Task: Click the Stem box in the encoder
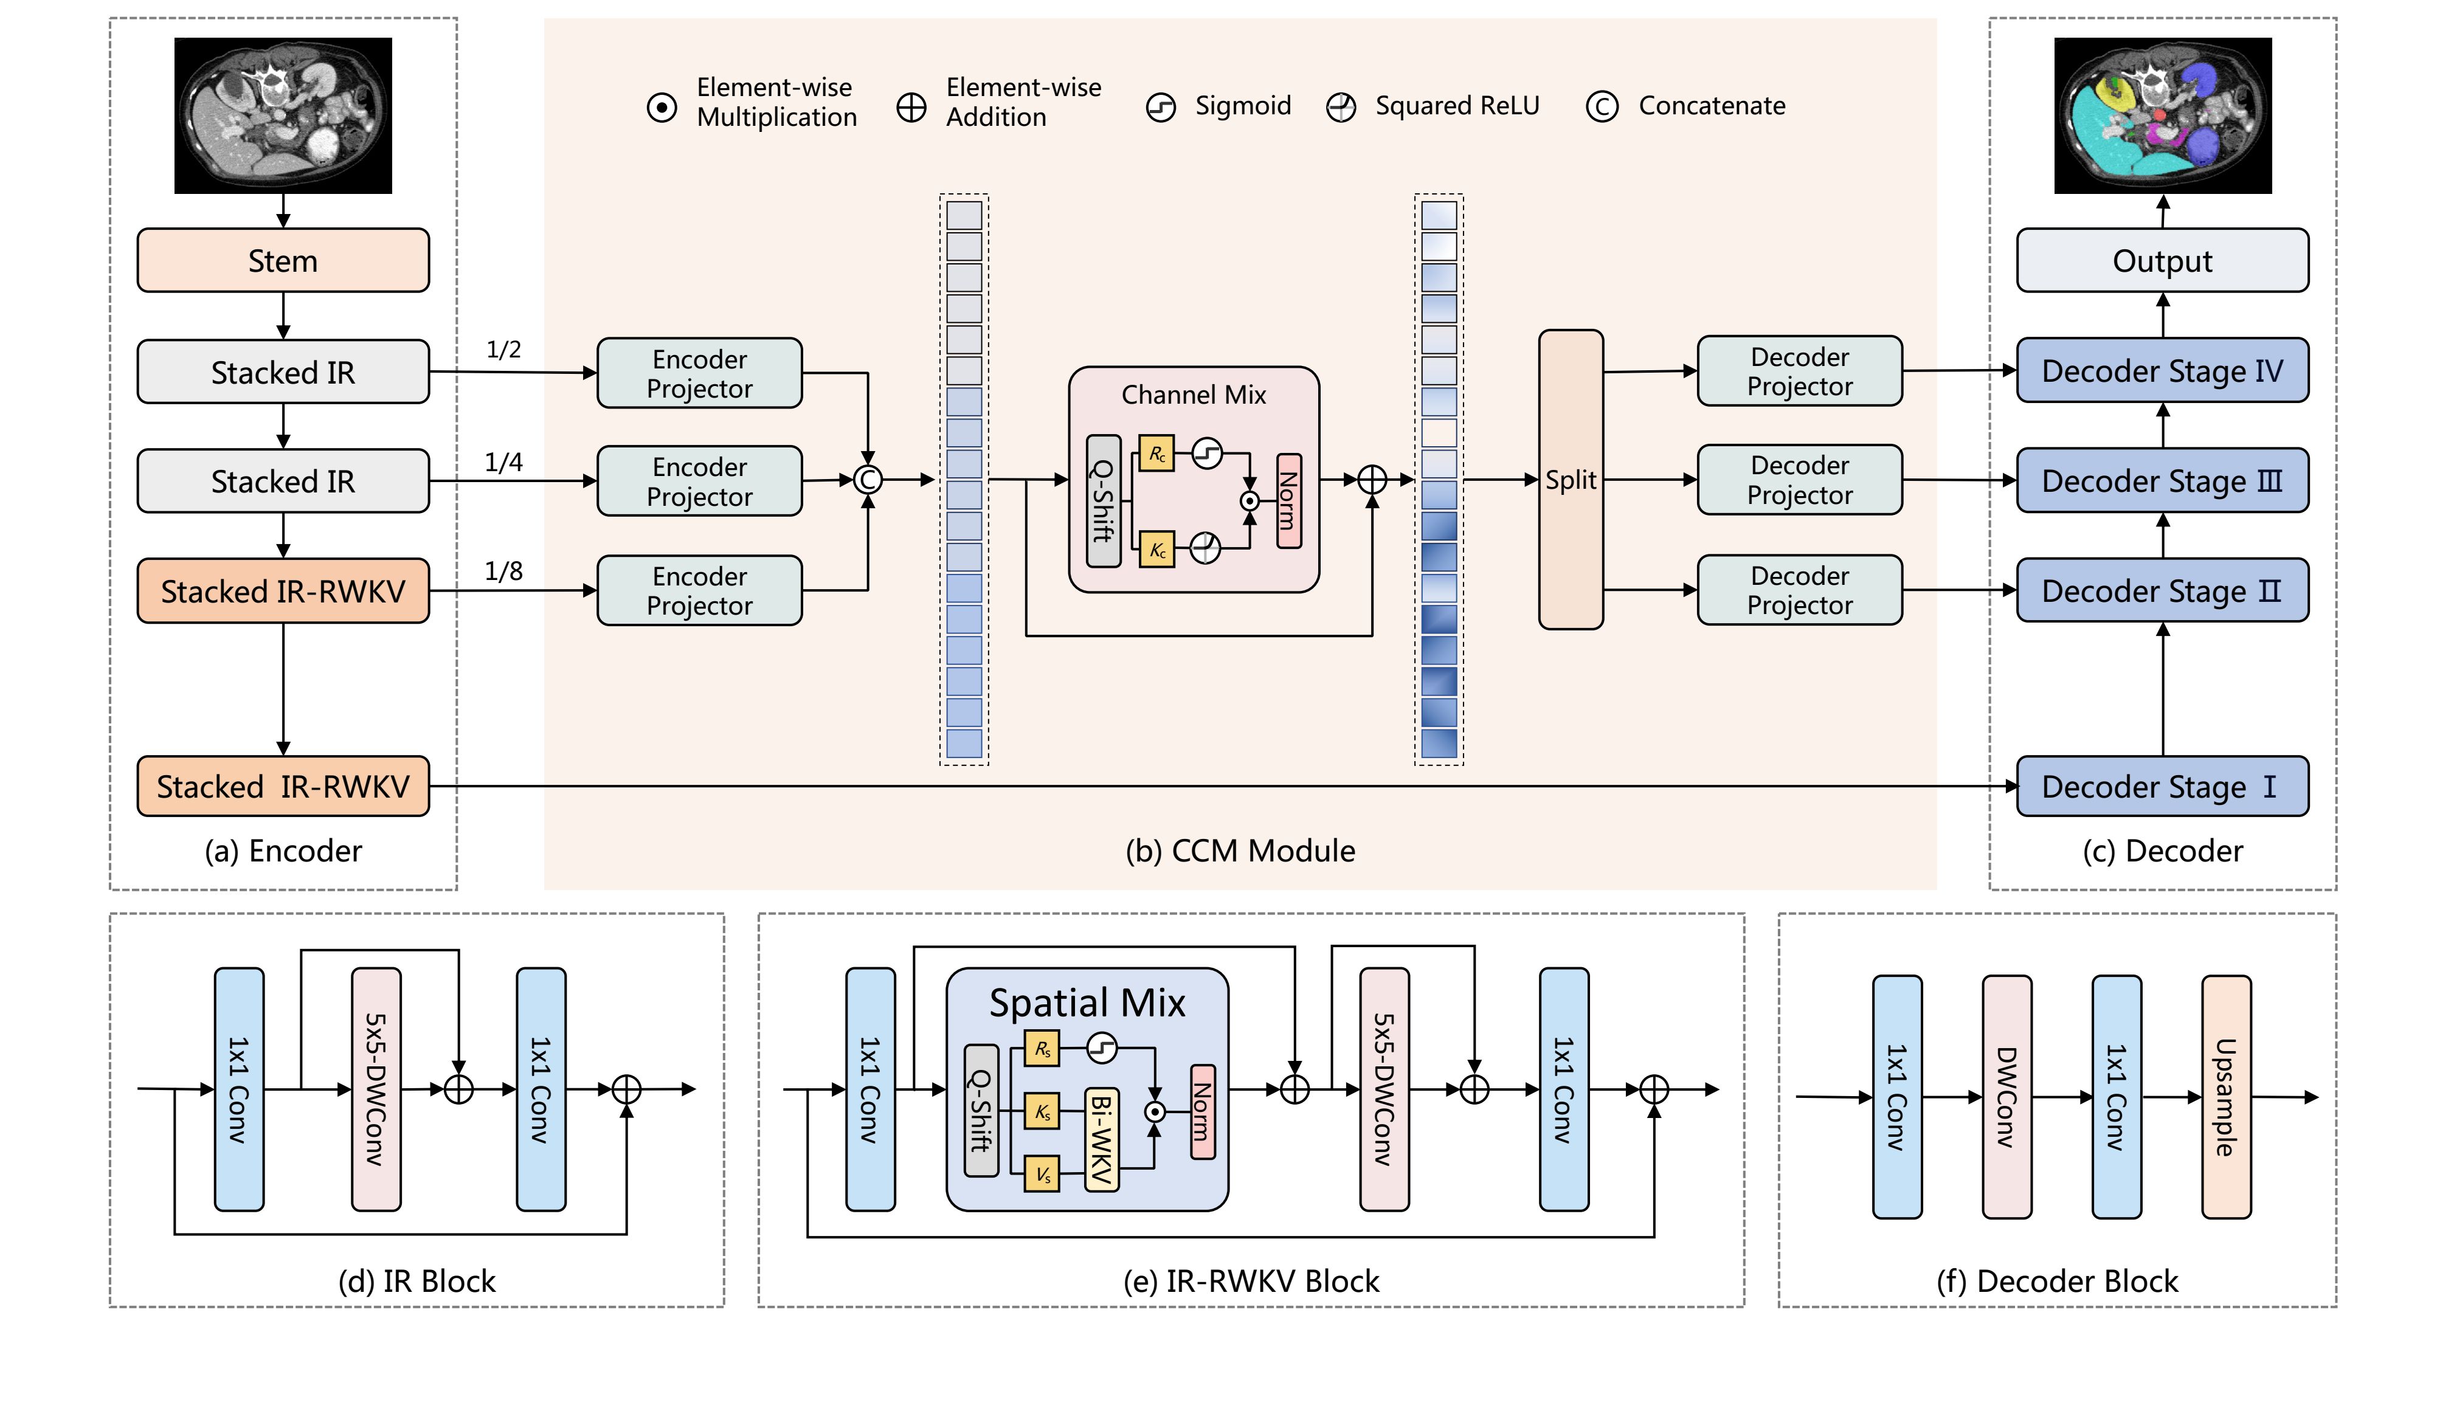(x=282, y=260)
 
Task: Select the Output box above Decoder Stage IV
(x=2162, y=260)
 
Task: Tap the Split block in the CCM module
(x=1571, y=480)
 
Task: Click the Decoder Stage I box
(x=2162, y=786)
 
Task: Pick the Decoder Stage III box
(x=2162, y=481)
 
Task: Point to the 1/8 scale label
(x=503, y=571)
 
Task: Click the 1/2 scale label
(x=503, y=349)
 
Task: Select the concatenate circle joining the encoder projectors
(x=868, y=480)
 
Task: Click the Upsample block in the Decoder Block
(x=2225, y=1097)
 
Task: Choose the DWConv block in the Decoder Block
(x=2006, y=1097)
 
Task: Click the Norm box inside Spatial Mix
(x=1202, y=1111)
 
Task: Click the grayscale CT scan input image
(x=282, y=115)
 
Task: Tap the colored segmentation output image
(x=2162, y=115)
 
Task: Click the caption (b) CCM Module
(x=1240, y=851)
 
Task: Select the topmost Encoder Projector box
(x=699, y=373)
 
